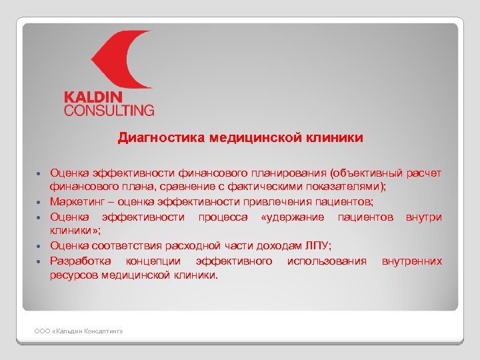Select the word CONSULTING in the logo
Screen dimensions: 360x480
pos(109,110)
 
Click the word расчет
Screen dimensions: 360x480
pos(423,174)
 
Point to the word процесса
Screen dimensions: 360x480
pos(223,217)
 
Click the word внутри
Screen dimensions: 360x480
pos(423,217)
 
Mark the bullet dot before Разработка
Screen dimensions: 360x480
pos(40,261)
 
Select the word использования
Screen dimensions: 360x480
pos(327,261)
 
